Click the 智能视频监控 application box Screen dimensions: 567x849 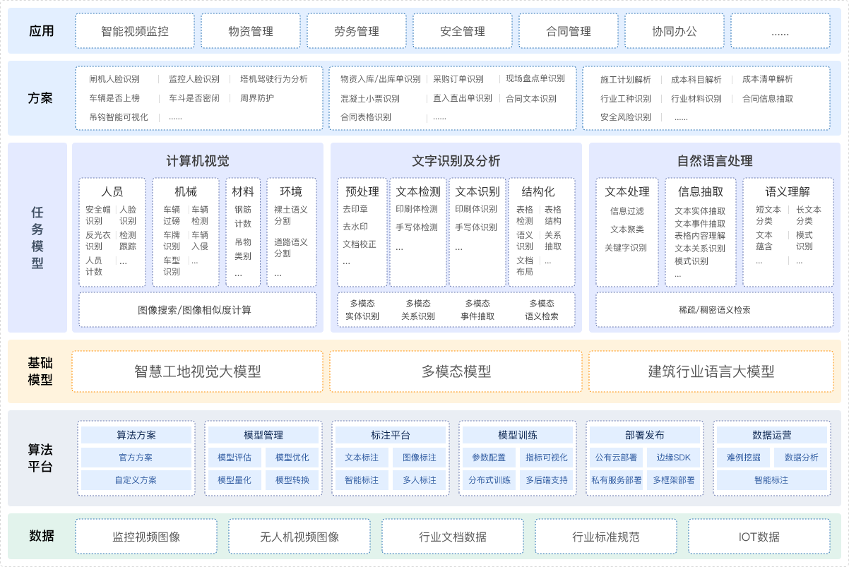135,31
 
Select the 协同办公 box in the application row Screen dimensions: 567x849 675,31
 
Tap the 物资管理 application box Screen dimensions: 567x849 251,31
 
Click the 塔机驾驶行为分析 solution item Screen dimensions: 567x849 274,79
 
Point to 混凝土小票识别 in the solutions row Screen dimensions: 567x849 369,99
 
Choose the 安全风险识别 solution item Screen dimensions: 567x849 626,117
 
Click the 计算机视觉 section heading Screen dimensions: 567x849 198,161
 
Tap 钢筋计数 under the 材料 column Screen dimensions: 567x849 243,216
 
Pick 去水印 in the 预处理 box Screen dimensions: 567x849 355,227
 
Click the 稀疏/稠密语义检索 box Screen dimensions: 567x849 715,310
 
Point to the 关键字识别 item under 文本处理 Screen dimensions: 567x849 626,248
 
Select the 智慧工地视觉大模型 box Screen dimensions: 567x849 198,371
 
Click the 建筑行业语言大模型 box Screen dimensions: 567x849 711,371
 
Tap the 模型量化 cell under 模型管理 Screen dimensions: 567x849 234,480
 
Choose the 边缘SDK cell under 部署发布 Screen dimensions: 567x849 673,458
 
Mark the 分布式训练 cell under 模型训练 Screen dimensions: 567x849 489,480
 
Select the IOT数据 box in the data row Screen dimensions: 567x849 759,537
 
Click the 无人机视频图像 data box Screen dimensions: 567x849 299,537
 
